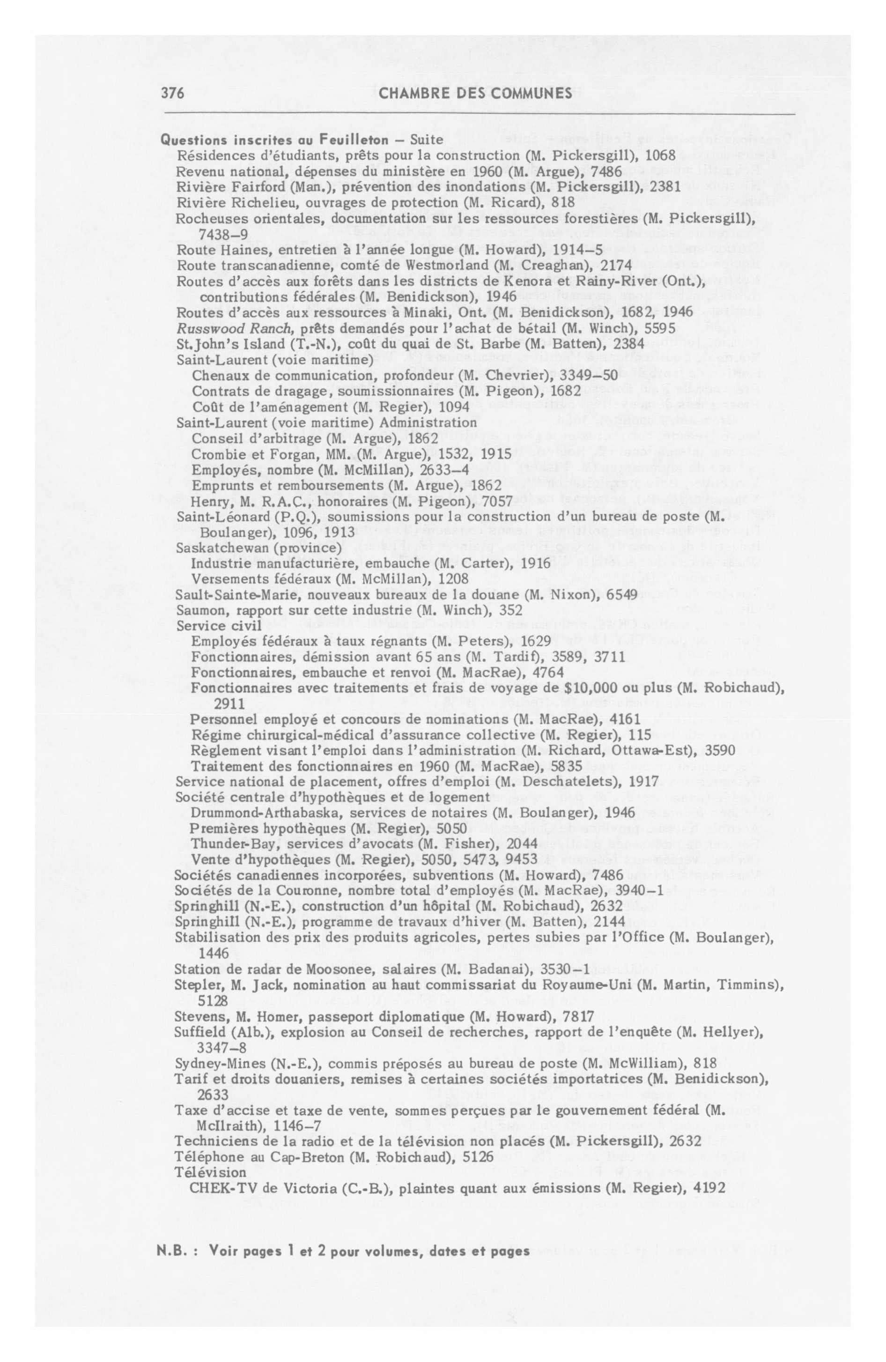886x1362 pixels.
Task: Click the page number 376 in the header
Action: pos(173,93)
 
